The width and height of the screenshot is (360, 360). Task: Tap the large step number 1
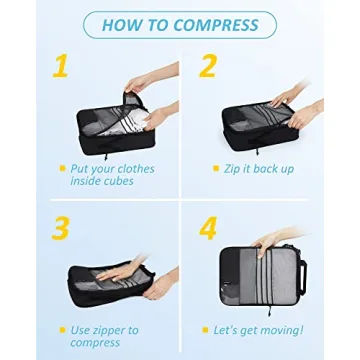pyautogui.click(x=62, y=67)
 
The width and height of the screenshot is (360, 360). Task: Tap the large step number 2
pyautogui.click(x=208, y=67)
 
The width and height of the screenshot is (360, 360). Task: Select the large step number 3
pyautogui.click(x=61, y=228)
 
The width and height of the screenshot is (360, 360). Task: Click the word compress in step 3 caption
pyautogui.click(x=95, y=342)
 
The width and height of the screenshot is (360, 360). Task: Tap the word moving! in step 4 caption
pyautogui.click(x=277, y=329)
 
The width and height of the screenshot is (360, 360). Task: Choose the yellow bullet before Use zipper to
pyautogui.click(x=61, y=329)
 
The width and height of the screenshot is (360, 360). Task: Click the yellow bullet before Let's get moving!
pyautogui.click(x=206, y=329)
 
